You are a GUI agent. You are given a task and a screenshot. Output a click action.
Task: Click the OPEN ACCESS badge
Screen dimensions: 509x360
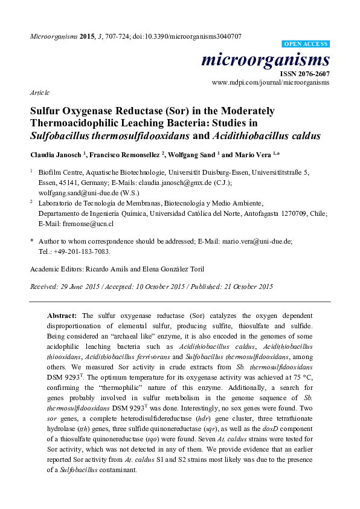pos(306,44)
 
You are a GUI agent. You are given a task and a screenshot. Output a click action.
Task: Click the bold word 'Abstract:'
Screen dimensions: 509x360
pos(62,316)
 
